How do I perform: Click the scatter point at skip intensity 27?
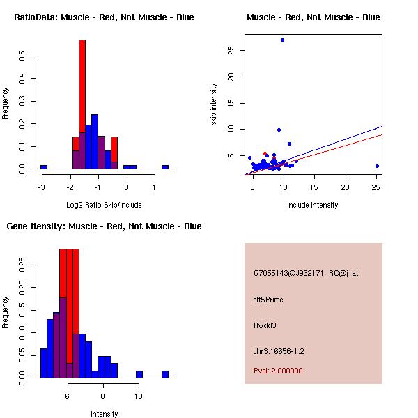(282, 40)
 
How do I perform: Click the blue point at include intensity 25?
(377, 166)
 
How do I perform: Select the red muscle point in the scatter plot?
(265, 153)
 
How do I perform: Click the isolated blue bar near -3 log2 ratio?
(44, 167)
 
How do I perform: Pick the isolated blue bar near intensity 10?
(139, 374)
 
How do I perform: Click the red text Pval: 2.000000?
(278, 371)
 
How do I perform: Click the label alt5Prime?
(268, 300)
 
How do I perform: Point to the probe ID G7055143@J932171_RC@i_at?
(306, 274)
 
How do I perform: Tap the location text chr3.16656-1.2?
(279, 351)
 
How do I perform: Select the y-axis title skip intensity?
(214, 104)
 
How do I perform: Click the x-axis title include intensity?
(313, 205)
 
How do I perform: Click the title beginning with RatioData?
(104, 17)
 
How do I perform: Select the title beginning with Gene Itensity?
(104, 226)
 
